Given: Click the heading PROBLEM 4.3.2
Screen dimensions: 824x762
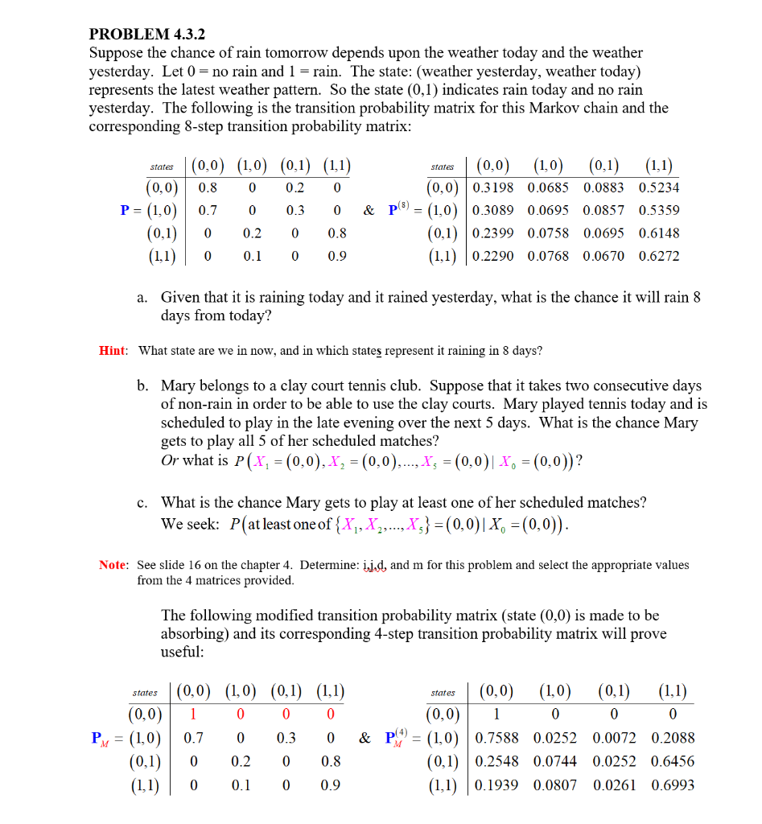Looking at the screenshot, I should (x=147, y=35).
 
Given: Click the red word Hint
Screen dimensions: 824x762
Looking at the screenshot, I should (x=113, y=350).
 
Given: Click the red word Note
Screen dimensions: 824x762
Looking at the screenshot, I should (x=114, y=565).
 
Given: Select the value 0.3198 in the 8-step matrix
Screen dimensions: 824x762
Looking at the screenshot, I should (x=495, y=188).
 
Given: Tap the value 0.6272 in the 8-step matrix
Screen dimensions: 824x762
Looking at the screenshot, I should (x=658, y=256).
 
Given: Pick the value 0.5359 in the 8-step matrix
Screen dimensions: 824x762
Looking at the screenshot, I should (x=658, y=211).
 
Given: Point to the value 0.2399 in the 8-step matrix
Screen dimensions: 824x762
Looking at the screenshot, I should (x=495, y=233).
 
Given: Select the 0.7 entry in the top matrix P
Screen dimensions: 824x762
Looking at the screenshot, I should (x=208, y=211).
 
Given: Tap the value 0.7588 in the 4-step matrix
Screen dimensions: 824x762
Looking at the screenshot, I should (x=497, y=738).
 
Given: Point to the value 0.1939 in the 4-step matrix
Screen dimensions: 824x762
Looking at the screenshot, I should (x=497, y=785).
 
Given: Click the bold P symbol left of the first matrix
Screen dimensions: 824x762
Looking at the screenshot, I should (x=126, y=211).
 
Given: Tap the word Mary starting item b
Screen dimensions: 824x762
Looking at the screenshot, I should (x=178, y=386).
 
